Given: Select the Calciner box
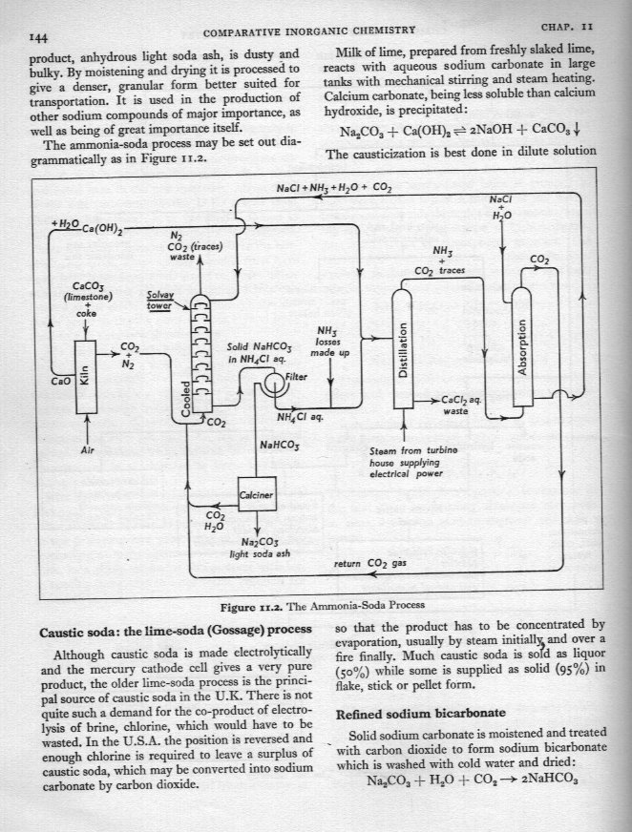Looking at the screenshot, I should tap(255, 494).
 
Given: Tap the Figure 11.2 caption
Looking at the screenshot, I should tap(316, 605).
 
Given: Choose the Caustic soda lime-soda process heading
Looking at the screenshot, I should tap(175, 632).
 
